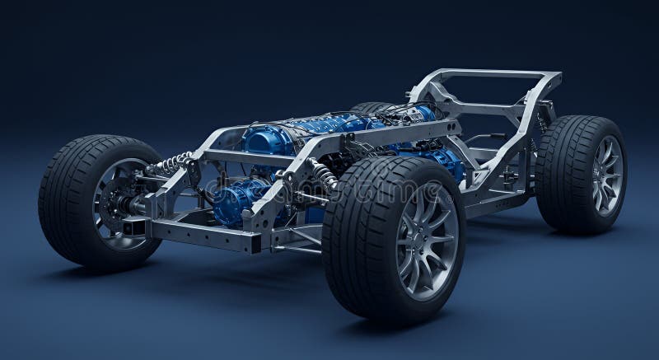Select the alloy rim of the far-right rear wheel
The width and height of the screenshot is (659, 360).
point(607,175)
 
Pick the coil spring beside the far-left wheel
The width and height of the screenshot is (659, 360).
point(172,163)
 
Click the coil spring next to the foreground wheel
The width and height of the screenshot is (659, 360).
point(324,174)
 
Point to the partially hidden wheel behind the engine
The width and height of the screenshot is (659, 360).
point(372,107)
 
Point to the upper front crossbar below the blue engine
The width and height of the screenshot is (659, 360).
point(247,157)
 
